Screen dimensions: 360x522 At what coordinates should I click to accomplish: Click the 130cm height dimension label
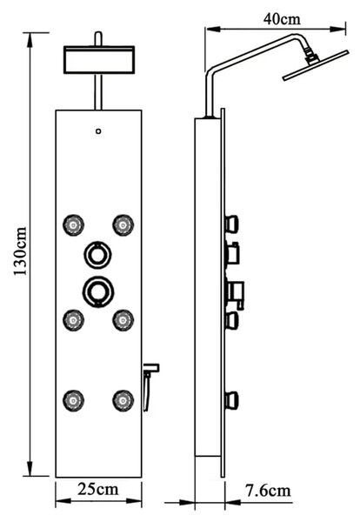coord(20,251)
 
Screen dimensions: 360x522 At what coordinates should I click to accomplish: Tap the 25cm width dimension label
coord(98,489)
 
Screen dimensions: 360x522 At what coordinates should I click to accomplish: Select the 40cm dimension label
coord(282,19)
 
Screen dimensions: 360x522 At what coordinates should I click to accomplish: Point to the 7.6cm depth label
coord(268,491)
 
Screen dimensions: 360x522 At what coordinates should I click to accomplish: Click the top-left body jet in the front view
coord(74,225)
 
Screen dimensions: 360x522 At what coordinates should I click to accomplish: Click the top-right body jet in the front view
coord(123,225)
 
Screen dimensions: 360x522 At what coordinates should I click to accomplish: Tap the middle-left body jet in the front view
coord(74,320)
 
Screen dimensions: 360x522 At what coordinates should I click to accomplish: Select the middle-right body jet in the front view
coord(123,320)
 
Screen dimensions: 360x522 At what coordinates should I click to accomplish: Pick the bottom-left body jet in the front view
coord(74,400)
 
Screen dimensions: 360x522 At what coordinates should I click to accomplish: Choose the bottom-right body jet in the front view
coord(123,400)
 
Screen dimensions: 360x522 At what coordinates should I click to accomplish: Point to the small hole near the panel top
coord(98,131)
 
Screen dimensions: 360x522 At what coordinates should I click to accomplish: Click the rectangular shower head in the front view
coord(99,59)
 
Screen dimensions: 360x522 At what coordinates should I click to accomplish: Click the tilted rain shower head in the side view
coord(316,65)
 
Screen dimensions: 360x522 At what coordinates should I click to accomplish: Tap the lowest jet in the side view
coord(232,400)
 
